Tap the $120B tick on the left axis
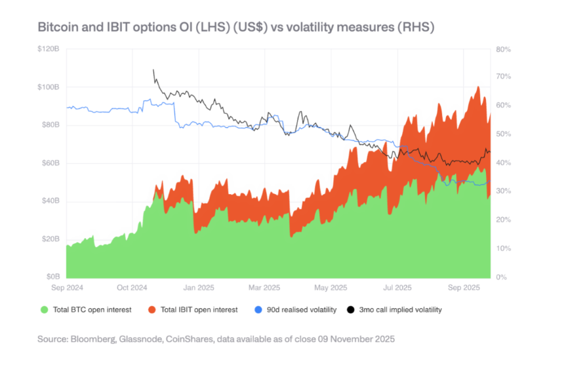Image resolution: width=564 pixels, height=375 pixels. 50,49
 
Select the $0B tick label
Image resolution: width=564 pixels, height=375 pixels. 54,277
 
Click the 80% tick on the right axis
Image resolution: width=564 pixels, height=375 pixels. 503,49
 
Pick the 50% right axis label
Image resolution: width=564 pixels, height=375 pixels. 503,134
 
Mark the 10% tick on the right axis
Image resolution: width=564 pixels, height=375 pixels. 503,248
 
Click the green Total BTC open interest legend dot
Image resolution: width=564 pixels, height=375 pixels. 45,309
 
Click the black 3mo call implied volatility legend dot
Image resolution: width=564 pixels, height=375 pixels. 352,309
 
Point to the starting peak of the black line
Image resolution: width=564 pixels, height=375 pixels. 153,69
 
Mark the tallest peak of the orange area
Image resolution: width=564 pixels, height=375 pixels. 478,87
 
